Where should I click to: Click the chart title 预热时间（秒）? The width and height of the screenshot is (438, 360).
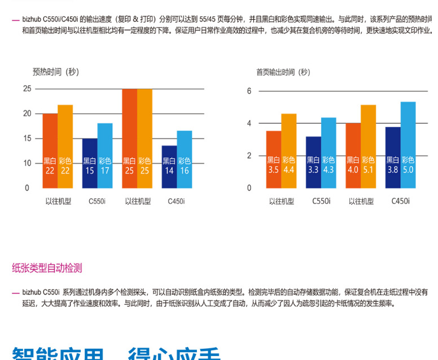coord(56,72)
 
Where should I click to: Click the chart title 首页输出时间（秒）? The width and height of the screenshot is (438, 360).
coord(283,72)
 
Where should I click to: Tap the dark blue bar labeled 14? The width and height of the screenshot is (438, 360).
coord(169,166)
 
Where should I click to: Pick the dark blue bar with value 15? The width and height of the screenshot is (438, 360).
coord(90,163)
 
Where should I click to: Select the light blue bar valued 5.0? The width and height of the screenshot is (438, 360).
coord(408,144)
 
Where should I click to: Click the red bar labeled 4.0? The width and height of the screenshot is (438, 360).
coord(353,155)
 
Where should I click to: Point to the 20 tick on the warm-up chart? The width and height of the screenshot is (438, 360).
coord(27,113)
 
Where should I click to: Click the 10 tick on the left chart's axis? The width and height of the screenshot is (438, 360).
coord(27,163)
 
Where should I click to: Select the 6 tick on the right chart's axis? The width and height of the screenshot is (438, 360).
coord(249,91)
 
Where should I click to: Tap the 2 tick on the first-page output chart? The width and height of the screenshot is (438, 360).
coord(249,156)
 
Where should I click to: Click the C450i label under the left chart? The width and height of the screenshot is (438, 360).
coord(177,200)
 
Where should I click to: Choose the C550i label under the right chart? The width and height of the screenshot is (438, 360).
coord(321,201)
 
